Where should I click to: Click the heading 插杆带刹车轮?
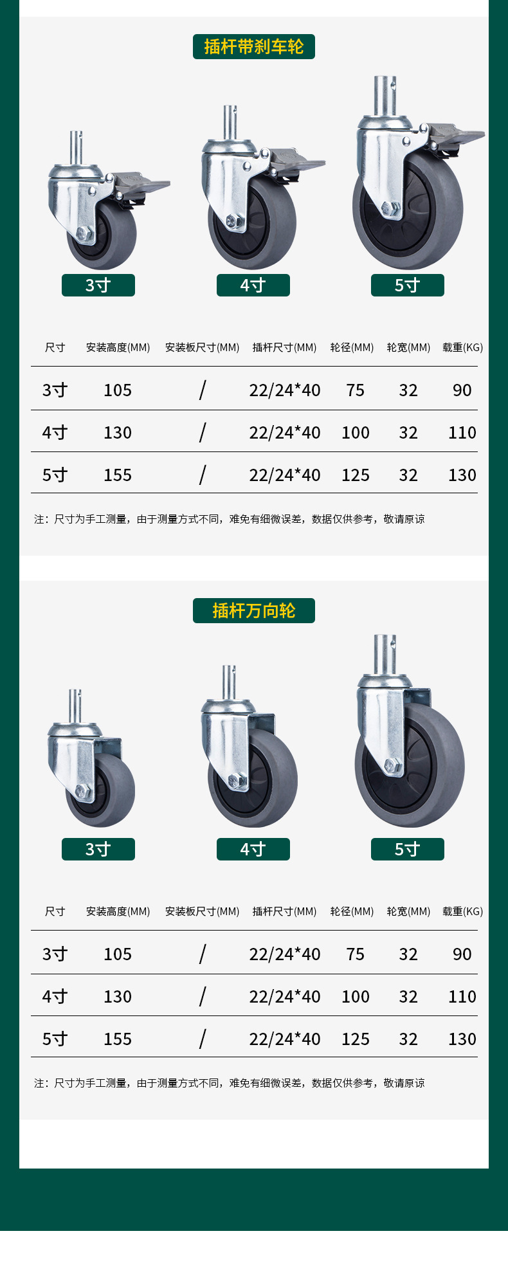pos(254,47)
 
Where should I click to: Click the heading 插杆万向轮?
pos(254,611)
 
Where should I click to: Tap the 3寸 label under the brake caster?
pos(98,285)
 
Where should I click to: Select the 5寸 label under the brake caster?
pos(408,285)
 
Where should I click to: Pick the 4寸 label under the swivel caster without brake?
pos(253,849)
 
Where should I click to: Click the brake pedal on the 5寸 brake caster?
pos(456,136)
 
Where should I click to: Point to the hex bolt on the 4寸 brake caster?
pos(235,221)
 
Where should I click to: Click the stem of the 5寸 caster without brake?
pos(385,654)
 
